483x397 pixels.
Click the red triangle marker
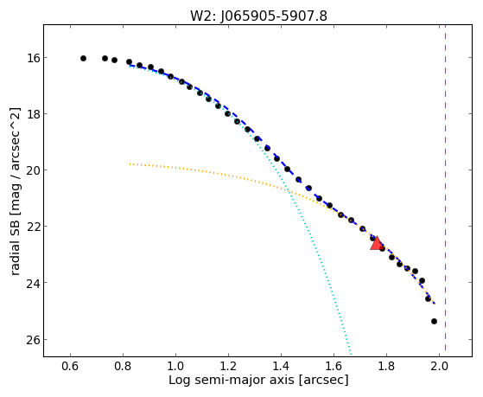tap(377, 243)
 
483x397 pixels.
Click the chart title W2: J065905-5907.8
tap(258, 16)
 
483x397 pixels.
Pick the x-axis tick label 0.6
tap(70, 366)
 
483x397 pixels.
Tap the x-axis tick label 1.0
tap(175, 366)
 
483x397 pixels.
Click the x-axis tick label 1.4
tap(281, 366)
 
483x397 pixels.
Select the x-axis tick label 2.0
tap(439, 366)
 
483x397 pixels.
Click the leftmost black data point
tap(83, 58)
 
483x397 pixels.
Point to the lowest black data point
tap(434, 322)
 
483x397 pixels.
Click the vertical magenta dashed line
tap(446, 190)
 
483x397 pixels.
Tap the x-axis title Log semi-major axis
tap(231, 380)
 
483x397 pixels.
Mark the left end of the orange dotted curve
tap(130, 163)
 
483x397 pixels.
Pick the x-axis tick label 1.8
tap(386, 366)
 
